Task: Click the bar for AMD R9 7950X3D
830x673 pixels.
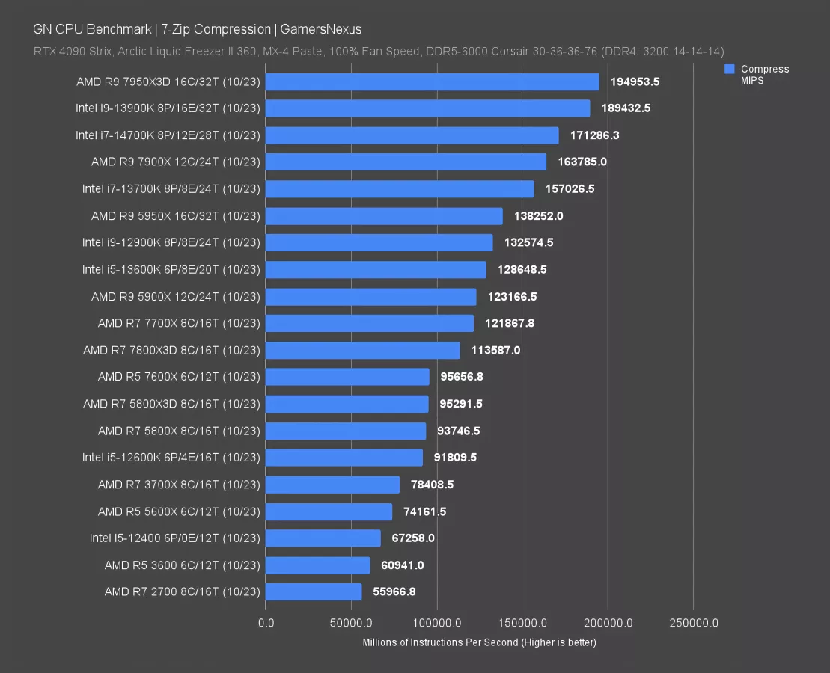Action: tap(432, 82)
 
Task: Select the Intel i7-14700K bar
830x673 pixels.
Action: tap(412, 135)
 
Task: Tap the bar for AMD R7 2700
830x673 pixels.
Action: tap(314, 592)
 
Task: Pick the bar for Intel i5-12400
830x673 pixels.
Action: tap(323, 538)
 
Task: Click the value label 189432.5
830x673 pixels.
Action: tap(626, 108)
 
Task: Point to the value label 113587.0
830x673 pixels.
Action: tap(495, 350)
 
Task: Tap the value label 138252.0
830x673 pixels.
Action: tap(538, 216)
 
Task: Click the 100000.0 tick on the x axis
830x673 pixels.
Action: tap(436, 623)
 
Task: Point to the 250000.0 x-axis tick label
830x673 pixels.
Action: tap(692, 623)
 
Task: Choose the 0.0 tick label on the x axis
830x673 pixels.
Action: tap(266, 623)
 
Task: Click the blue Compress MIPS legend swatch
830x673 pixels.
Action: tap(730, 69)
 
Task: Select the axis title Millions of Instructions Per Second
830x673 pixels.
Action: tap(479, 642)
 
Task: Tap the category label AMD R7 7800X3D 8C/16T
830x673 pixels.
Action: tap(171, 350)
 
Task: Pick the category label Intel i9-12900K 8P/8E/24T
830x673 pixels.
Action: tap(171, 242)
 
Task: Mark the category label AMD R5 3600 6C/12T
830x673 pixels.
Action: tap(182, 565)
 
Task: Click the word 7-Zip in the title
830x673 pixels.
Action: tap(177, 30)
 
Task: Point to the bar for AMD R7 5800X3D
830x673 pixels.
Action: tap(347, 404)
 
